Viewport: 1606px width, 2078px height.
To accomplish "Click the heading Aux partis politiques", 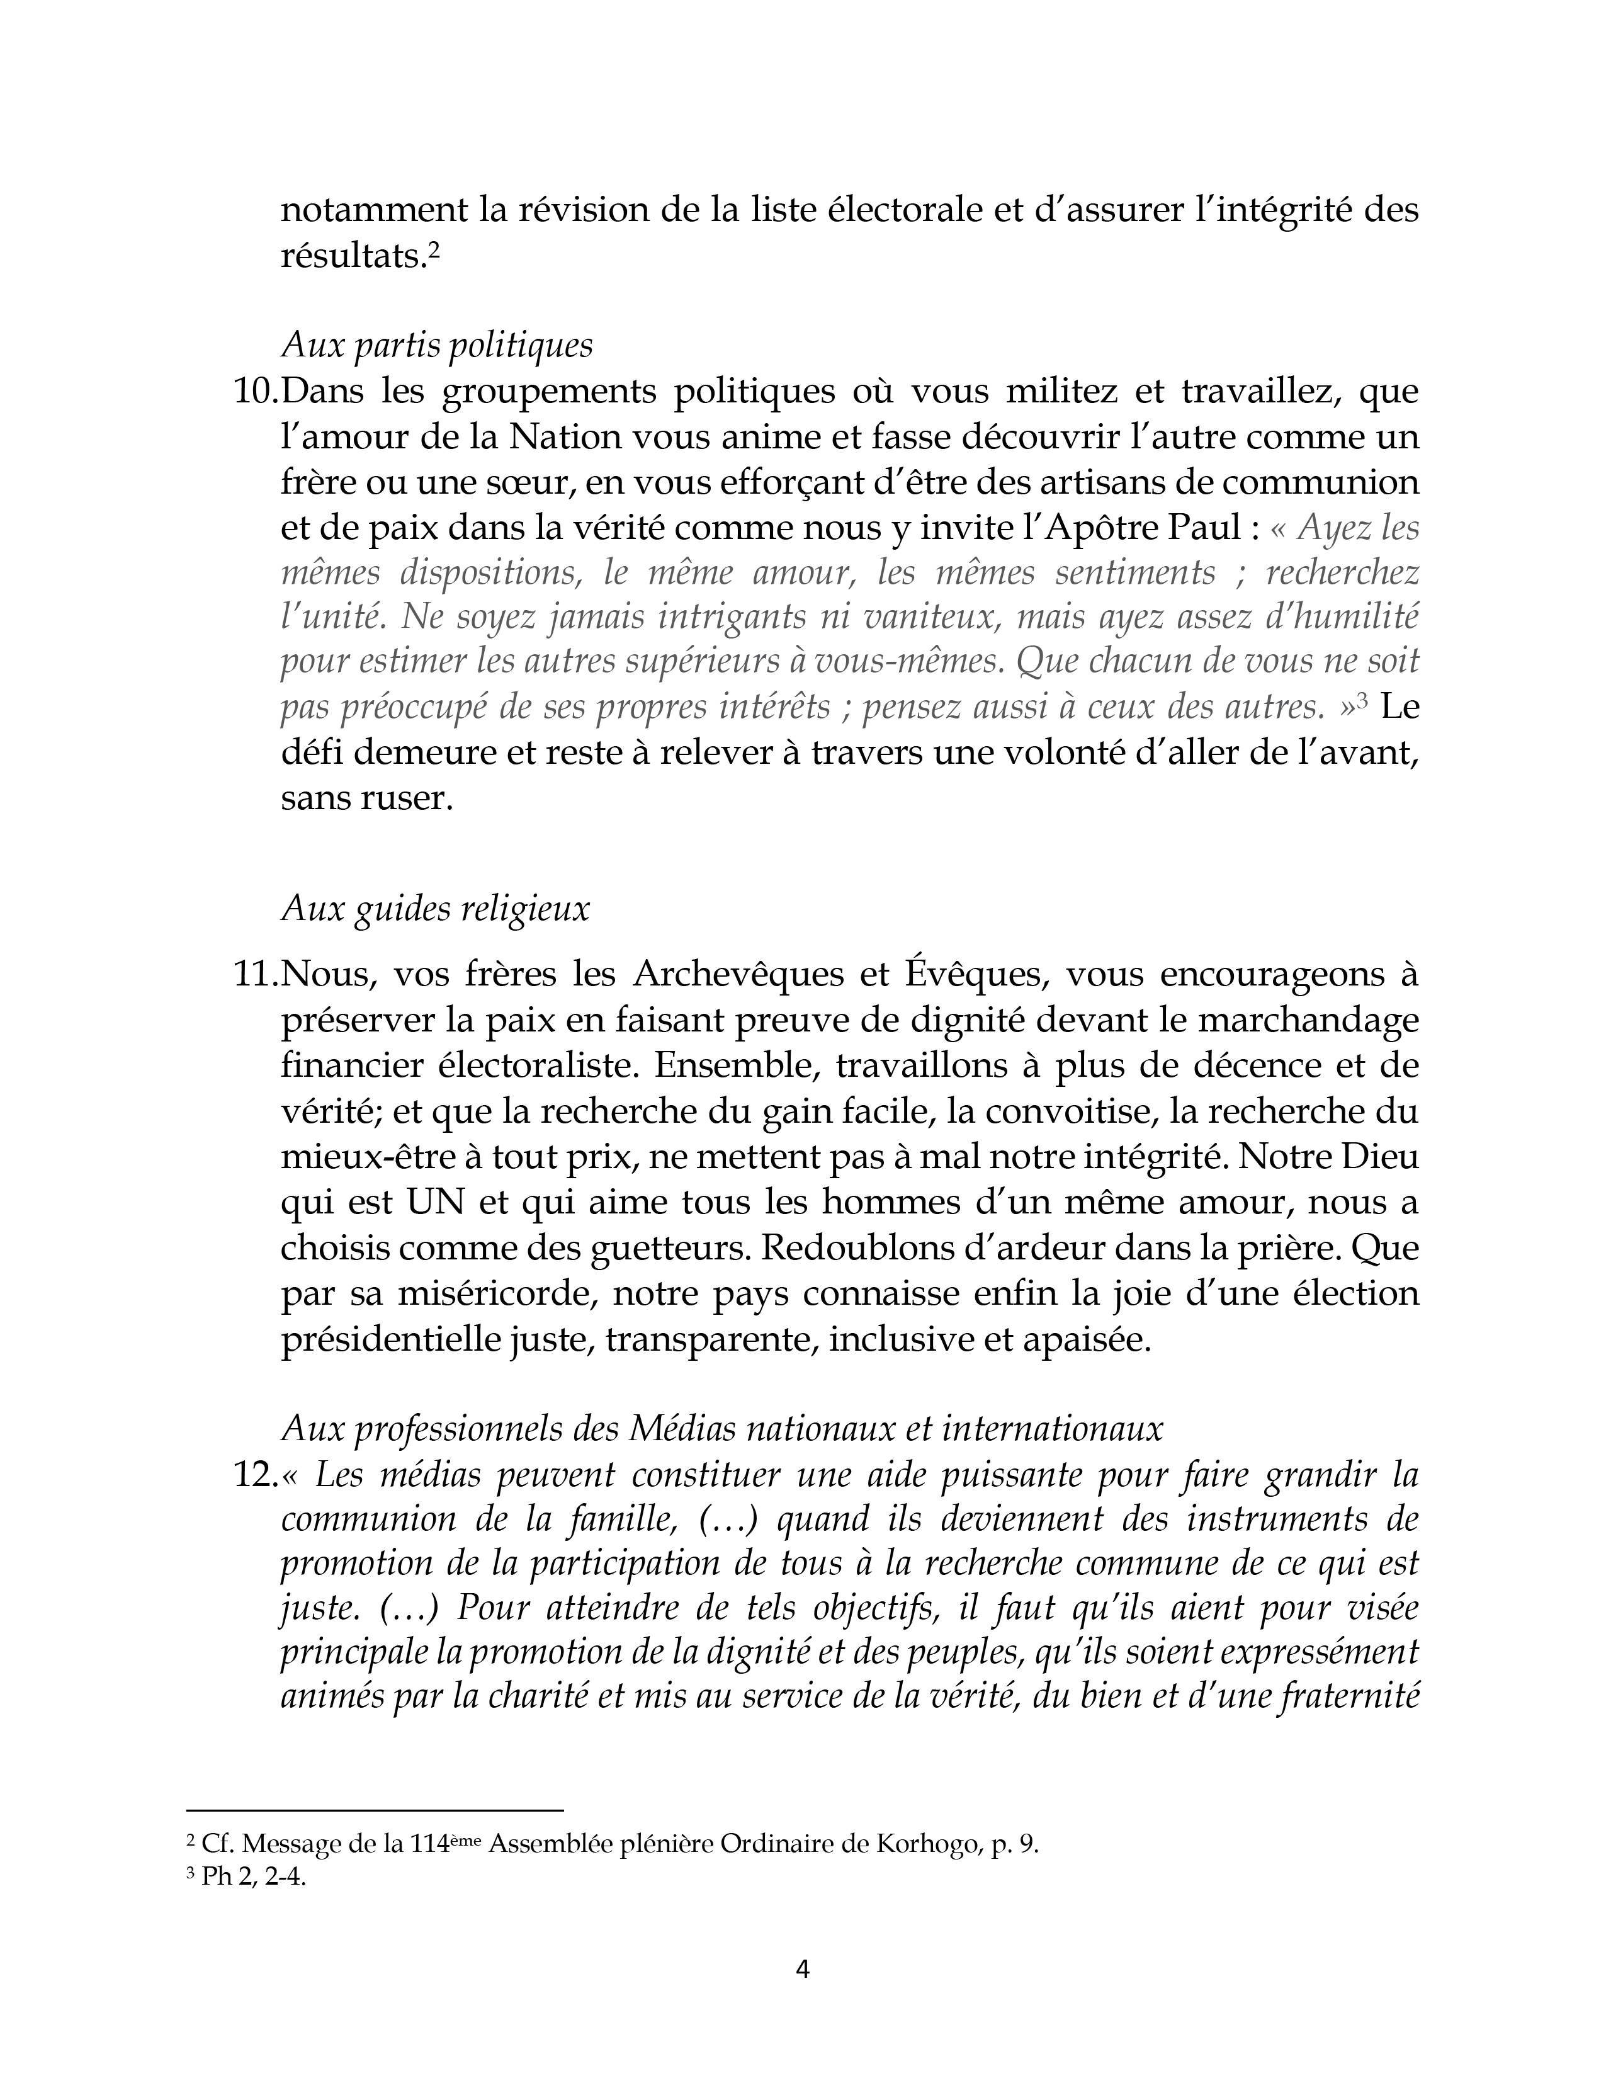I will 437,345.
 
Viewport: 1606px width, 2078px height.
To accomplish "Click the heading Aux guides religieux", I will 435,909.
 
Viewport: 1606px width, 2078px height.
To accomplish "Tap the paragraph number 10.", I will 254,392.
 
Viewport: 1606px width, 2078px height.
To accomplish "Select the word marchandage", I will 1299,1021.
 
